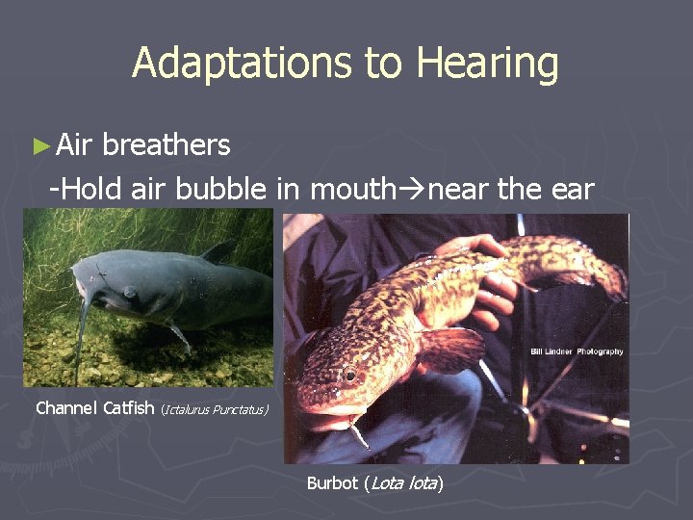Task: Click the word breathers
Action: [167, 145]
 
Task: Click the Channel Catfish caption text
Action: [94, 407]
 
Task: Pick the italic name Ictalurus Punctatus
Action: [216, 409]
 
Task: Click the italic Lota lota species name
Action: [402, 482]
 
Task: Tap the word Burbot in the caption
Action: [332, 482]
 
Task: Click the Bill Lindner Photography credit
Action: [577, 352]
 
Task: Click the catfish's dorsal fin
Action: [216, 251]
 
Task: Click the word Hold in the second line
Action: [92, 190]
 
